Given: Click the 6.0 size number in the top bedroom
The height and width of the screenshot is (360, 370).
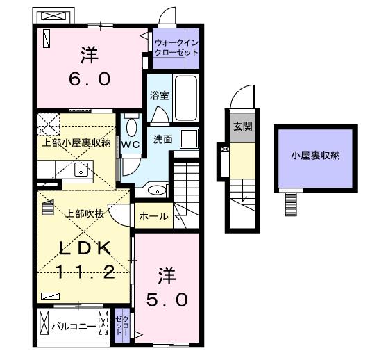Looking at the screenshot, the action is point(90,79).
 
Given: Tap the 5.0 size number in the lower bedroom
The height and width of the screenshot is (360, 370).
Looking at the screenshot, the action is point(167,300).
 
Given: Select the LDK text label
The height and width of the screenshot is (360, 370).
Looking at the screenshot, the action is point(85,248).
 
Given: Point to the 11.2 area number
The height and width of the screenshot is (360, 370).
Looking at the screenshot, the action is point(85,272).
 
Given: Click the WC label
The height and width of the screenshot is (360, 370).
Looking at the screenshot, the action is point(131,145).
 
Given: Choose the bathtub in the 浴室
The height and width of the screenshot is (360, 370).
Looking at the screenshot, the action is point(186,98).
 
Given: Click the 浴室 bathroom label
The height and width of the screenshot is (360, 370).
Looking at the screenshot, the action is point(159,95).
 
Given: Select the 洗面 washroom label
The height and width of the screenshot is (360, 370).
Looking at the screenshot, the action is point(163,140).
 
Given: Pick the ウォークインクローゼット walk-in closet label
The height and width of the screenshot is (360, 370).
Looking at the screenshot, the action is point(176,47).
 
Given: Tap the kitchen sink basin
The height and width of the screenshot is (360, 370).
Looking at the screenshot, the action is point(81,170).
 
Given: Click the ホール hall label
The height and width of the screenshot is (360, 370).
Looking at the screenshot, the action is point(153,216).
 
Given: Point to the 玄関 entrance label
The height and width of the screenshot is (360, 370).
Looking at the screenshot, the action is point(243,126).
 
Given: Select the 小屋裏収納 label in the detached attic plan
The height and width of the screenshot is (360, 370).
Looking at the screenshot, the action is point(315,156).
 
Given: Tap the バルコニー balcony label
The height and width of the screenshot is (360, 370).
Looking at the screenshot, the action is point(74,327).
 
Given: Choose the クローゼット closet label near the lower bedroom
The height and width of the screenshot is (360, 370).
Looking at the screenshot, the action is point(122,325).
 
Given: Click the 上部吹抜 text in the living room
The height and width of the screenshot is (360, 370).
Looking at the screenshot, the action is point(85,213).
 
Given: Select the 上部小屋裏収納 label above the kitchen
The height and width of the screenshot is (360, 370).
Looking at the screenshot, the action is point(76,142).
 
